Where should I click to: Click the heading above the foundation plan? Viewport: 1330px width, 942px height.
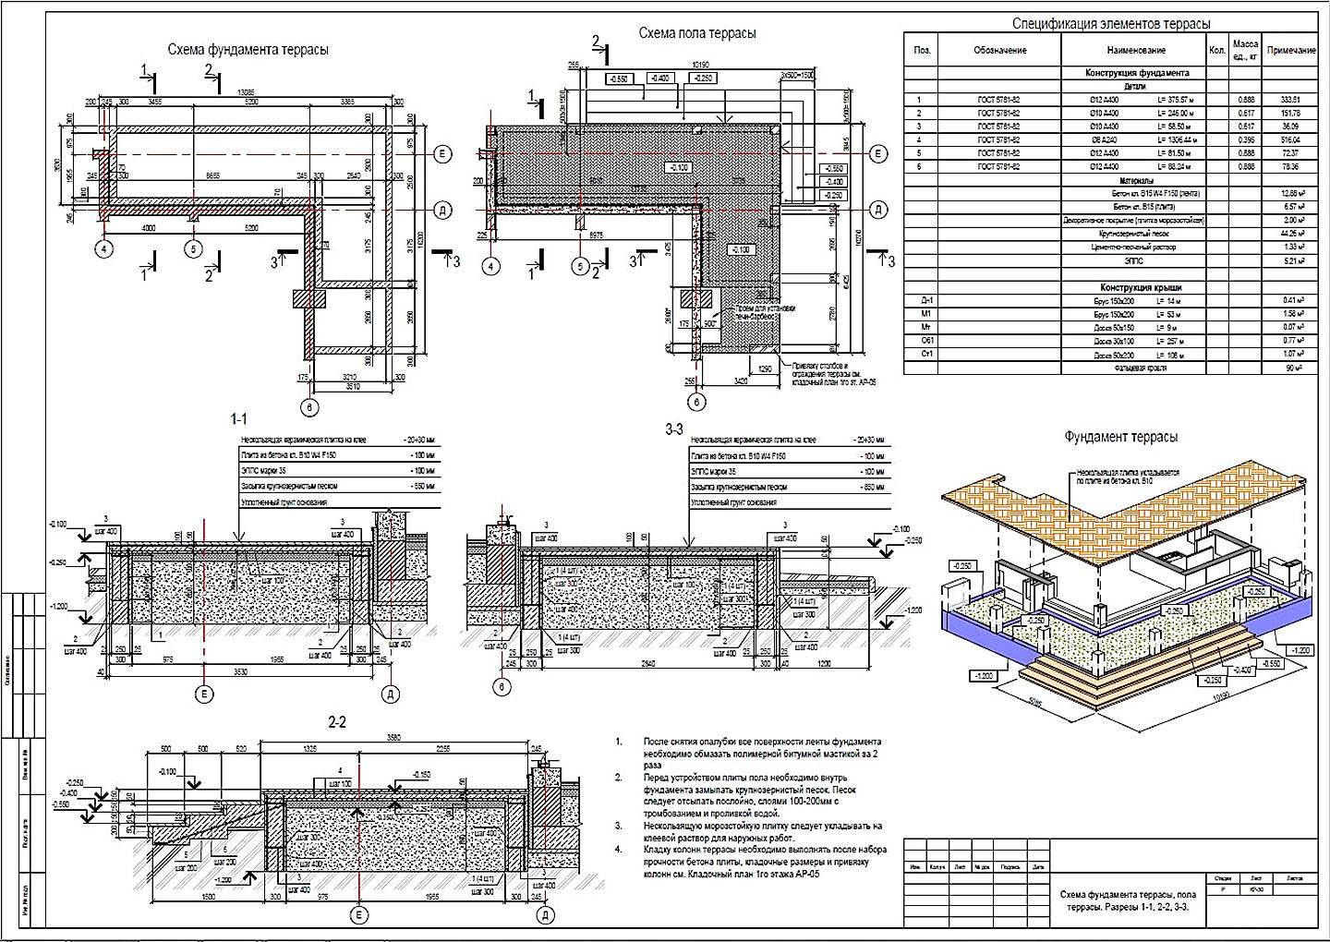[x=247, y=50]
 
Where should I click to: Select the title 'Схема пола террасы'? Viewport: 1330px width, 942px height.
[x=697, y=33]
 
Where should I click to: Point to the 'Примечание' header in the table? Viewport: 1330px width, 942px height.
[x=1290, y=50]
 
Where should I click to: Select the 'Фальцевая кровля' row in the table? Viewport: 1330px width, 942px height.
[x=1136, y=368]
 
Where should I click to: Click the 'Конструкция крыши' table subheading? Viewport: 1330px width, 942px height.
[x=1136, y=287]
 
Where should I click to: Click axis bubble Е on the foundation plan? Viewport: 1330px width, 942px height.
[x=442, y=152]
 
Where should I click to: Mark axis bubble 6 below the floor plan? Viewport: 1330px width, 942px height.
[x=697, y=402]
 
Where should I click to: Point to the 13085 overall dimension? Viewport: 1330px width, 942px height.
[x=246, y=91]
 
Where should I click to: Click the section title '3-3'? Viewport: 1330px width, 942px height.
[x=673, y=429]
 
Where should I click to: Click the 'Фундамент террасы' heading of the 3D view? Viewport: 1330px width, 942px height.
[x=1120, y=437]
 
